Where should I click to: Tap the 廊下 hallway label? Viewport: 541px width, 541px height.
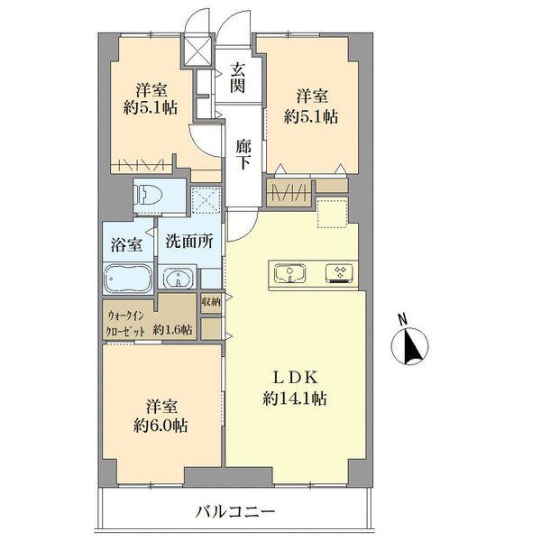pyautogui.click(x=243, y=154)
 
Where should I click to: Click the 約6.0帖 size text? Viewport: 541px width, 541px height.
pyautogui.click(x=161, y=424)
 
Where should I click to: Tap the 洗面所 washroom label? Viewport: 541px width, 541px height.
pyautogui.click(x=188, y=242)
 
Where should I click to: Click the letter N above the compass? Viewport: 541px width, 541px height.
pyautogui.click(x=404, y=318)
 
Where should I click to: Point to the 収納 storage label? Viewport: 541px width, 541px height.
pyautogui.click(x=211, y=302)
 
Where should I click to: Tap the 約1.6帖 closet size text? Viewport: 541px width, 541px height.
pyautogui.click(x=172, y=329)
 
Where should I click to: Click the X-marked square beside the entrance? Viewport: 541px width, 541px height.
pyautogui.click(x=197, y=50)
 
